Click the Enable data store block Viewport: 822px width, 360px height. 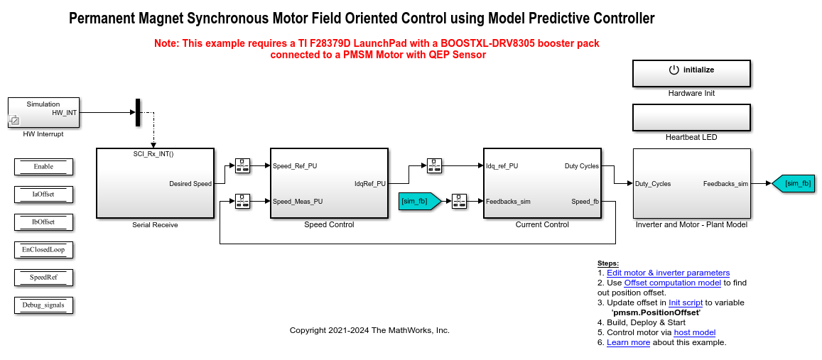(43, 167)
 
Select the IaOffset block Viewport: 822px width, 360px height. (43, 195)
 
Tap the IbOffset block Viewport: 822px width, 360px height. (43, 222)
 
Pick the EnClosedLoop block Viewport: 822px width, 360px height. (43, 250)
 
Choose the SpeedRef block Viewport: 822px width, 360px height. (43, 278)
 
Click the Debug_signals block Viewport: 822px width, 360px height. (43, 305)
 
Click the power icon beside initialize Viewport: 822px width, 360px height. (674, 70)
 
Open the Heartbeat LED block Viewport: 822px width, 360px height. (691, 117)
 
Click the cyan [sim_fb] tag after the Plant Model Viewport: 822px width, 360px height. (794, 183)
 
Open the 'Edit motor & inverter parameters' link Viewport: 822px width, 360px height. (669, 273)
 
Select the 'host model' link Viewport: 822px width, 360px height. (695, 332)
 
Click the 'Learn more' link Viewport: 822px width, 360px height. (629, 342)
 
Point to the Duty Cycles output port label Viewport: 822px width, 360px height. (581, 166)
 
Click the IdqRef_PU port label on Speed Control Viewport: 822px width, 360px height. (369, 183)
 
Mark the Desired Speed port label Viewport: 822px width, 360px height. (190, 183)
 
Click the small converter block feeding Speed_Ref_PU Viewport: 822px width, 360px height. (242, 166)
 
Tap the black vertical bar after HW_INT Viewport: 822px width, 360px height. (138, 112)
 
